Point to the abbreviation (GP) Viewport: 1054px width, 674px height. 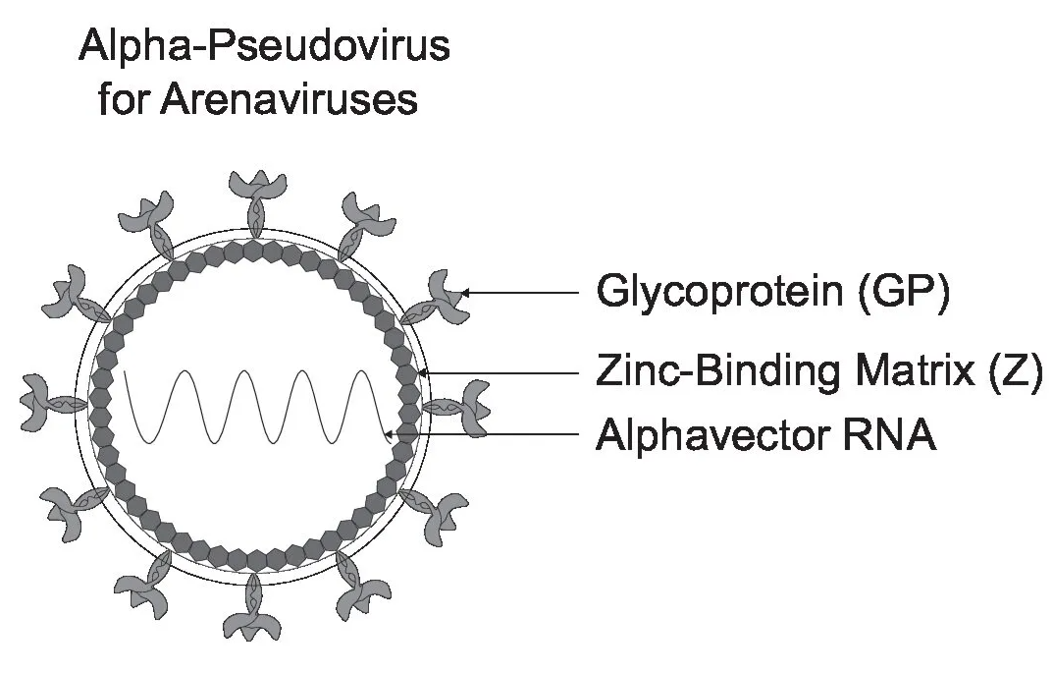point(901,293)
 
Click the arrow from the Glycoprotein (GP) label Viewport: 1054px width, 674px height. point(520,292)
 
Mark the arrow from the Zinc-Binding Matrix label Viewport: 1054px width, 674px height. point(501,373)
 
